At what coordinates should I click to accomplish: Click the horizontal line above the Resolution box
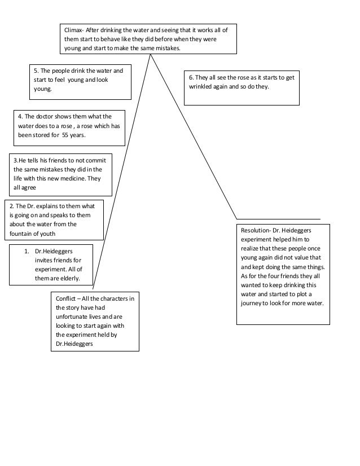[278, 219]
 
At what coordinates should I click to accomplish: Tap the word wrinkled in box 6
[205, 87]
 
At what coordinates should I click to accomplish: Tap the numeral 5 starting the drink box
[36, 71]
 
